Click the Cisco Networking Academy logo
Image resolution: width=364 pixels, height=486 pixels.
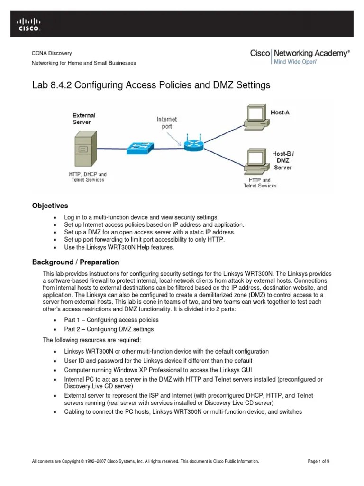[300, 56]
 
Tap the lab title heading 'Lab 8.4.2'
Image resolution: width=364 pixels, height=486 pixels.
[151, 85]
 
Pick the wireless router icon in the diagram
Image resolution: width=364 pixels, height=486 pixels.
[193, 145]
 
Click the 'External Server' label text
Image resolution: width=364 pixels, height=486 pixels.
[84, 119]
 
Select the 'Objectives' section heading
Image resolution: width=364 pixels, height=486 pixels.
[50, 206]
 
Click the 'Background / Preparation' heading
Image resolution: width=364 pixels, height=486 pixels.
[75, 262]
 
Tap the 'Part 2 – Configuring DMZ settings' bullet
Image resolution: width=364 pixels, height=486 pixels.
[109, 329]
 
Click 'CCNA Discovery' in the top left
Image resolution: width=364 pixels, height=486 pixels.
[52, 53]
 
